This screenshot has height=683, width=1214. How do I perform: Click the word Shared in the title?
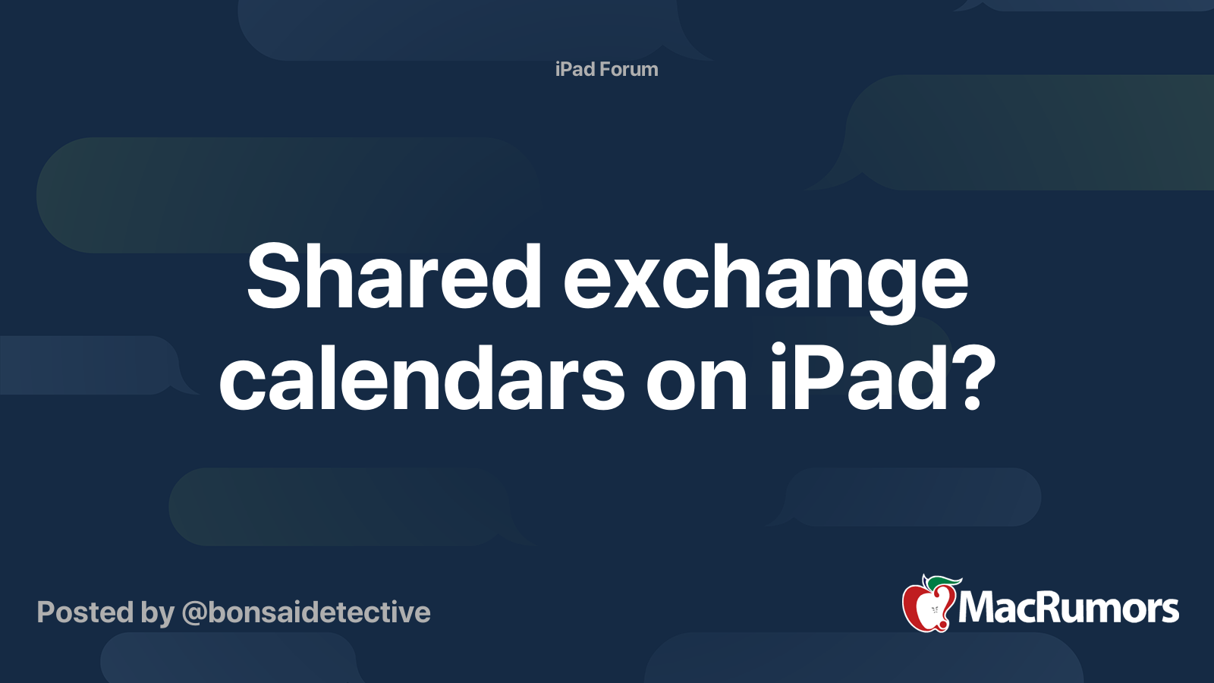point(394,276)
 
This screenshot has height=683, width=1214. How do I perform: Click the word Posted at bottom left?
point(86,612)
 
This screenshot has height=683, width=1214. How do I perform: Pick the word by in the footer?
point(158,615)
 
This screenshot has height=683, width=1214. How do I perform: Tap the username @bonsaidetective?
point(307,613)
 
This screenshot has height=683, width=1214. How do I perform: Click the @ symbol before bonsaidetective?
point(194,614)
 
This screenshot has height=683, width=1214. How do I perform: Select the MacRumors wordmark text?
point(1068,609)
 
